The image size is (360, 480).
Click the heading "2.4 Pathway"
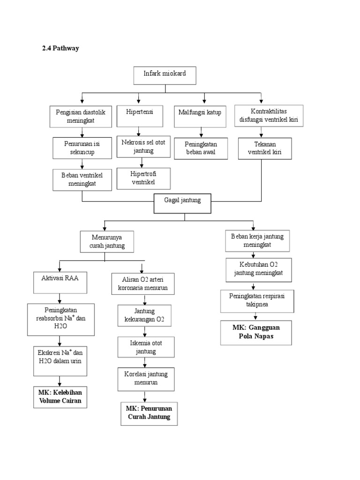[60, 48]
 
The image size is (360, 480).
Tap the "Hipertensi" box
[139, 115]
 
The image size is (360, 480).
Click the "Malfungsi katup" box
[200, 116]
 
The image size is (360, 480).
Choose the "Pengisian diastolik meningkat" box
[82, 116]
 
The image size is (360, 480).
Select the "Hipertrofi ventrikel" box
[143, 178]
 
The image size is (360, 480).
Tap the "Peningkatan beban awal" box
[202, 148]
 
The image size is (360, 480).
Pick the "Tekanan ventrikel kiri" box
[264, 149]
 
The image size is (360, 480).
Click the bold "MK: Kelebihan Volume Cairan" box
[60, 396]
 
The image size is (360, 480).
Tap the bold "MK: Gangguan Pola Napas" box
[255, 332]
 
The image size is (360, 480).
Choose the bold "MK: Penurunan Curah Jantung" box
[149, 412]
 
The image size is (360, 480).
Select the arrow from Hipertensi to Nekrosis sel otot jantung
[139, 131]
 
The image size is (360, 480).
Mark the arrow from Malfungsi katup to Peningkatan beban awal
[202, 132]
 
